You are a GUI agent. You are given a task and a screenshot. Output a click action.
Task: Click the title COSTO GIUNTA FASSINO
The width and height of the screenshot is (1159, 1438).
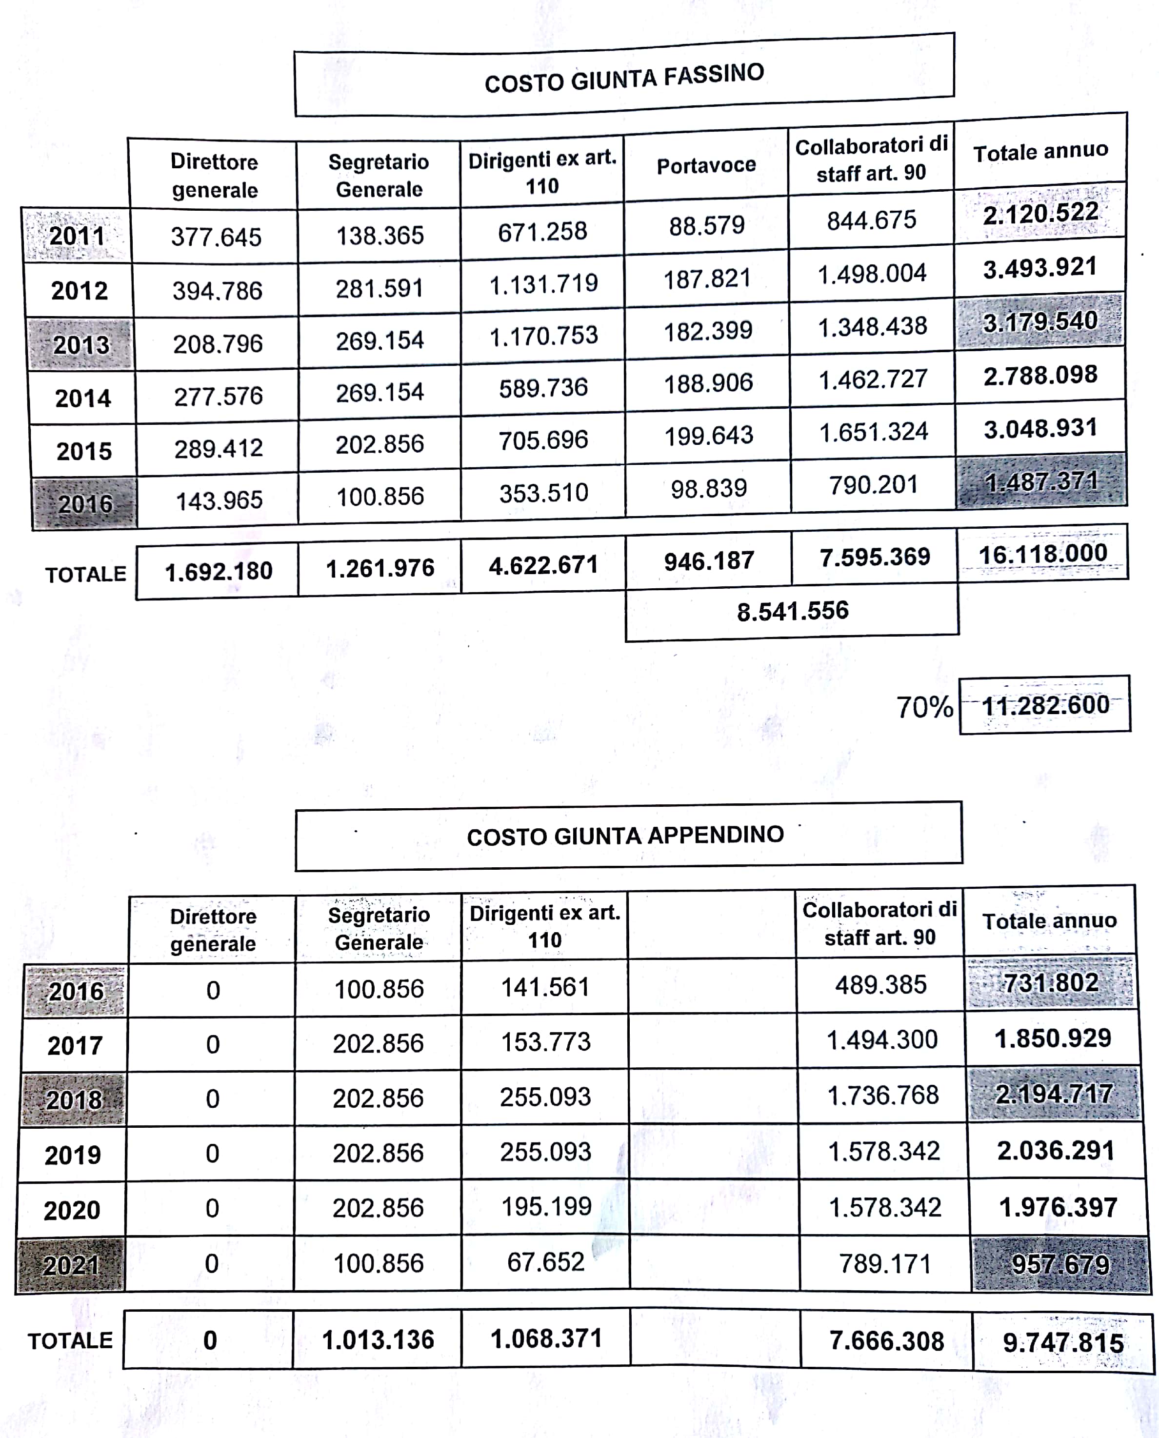coord(624,79)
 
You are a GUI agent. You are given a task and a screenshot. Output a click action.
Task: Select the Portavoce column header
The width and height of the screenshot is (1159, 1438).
coord(706,165)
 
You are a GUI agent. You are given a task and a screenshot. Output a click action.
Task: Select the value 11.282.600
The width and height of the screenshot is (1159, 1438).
coord(1045,705)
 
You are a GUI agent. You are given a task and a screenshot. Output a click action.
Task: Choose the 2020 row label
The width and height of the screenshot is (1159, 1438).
coord(72,1210)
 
